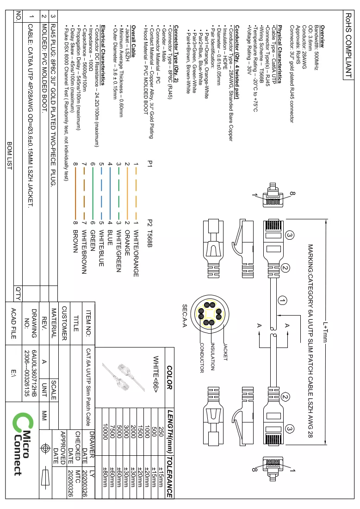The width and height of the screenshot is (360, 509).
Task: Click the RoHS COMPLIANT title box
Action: click(x=348, y=45)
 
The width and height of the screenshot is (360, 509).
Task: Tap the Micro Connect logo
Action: click(x=23, y=444)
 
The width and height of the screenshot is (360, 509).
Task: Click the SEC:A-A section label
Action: click(x=184, y=316)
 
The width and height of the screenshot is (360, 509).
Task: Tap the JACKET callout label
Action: click(x=225, y=352)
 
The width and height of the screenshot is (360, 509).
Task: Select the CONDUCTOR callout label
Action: click(x=202, y=358)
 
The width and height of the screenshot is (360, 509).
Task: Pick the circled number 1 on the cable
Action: click(x=282, y=301)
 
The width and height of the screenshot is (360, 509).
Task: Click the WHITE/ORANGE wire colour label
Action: click(x=136, y=253)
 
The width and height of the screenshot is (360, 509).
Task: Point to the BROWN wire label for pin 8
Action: click(x=75, y=241)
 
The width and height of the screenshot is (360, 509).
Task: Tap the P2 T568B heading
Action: click(x=149, y=233)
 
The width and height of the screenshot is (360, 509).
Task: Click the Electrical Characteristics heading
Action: click(x=103, y=55)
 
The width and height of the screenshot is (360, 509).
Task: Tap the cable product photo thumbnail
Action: click(x=122, y=377)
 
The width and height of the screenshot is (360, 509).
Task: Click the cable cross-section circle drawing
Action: click(x=210, y=314)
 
